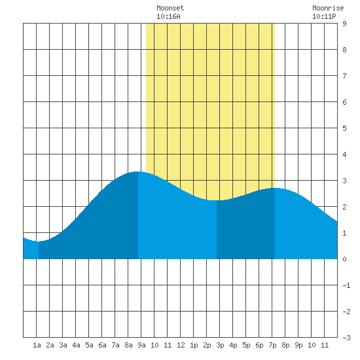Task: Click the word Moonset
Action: click(170, 8)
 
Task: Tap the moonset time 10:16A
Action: click(168, 16)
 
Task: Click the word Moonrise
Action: click(328, 8)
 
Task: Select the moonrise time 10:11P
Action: click(324, 16)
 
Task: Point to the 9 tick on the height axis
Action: click(344, 24)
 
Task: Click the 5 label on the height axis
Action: click(344, 128)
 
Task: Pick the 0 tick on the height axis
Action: click(344, 259)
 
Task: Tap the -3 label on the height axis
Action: click(346, 338)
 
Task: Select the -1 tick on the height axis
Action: click(346, 285)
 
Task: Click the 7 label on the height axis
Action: click(344, 76)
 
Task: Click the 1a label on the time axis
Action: click(37, 345)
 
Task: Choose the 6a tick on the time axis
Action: click(102, 345)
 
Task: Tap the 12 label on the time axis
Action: click(181, 345)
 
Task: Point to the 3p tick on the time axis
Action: click(220, 345)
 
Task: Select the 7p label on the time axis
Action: click(272, 345)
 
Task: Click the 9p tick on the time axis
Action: click(298, 345)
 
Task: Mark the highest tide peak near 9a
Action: click(137, 171)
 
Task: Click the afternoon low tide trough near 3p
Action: click(217, 200)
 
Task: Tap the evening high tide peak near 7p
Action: click(275, 188)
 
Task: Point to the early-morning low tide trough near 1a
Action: click(38, 242)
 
